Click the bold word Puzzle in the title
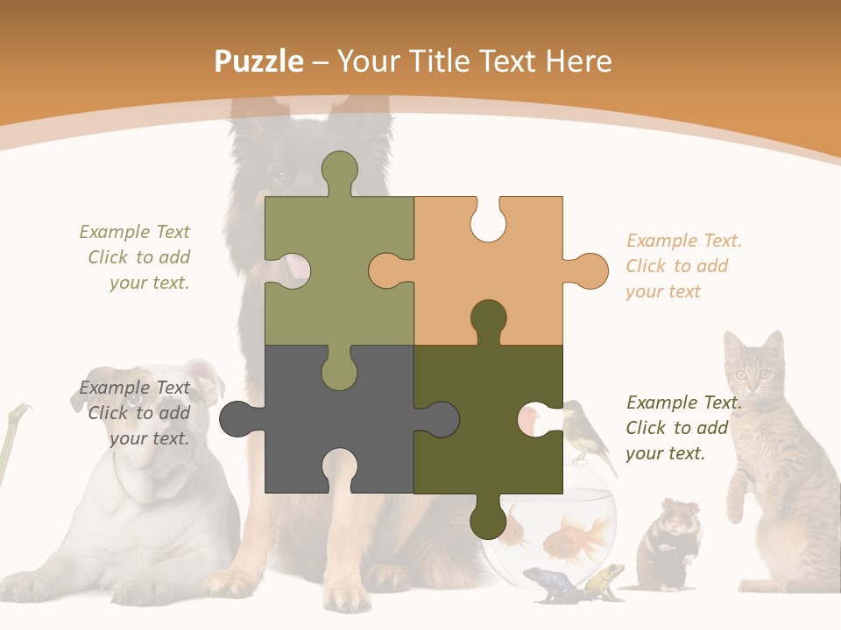258,61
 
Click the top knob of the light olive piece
339,171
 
